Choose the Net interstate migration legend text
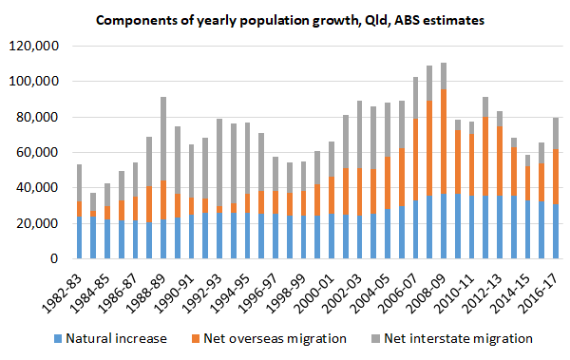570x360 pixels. point(467,338)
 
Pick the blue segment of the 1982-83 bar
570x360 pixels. point(79,240)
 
